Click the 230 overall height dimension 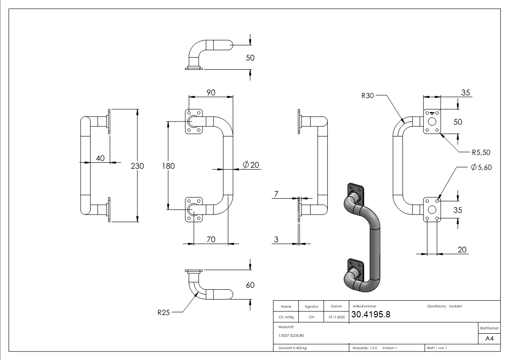[137, 166]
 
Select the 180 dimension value [168, 166]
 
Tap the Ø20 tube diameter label [251, 165]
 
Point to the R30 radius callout [368, 96]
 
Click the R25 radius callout [164, 312]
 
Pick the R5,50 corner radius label [480, 152]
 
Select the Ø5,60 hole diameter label [481, 167]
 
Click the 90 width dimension [211, 92]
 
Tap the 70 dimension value [211, 239]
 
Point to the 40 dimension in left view [100, 158]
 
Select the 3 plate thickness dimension [276, 239]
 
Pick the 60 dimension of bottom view [250, 285]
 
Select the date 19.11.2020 [336, 317]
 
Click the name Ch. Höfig [286, 317]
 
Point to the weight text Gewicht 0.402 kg [293, 348]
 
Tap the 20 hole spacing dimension [462, 249]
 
